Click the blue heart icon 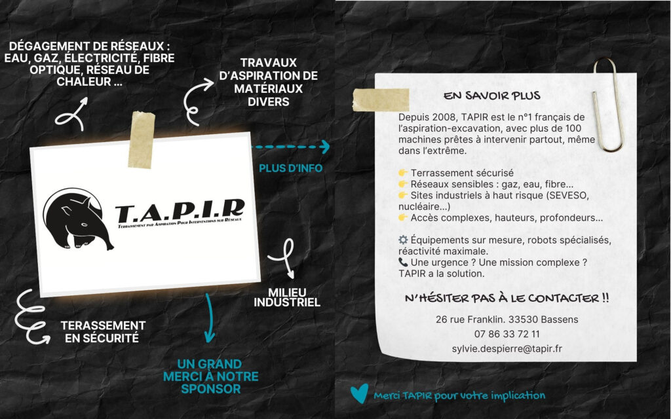[x=359, y=393]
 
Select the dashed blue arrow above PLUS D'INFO [x=290, y=147]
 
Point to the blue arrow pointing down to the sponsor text [x=209, y=319]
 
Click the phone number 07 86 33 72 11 [x=507, y=334]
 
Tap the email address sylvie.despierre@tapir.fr [x=507, y=349]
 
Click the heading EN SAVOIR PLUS [x=491, y=96]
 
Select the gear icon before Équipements [x=403, y=240]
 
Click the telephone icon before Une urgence [x=403, y=262]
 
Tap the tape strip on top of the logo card [x=142, y=140]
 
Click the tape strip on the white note [x=381, y=100]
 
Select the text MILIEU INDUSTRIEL [x=287, y=298]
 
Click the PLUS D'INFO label [x=290, y=168]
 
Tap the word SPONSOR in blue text [x=210, y=389]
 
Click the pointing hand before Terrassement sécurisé [x=403, y=173]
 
